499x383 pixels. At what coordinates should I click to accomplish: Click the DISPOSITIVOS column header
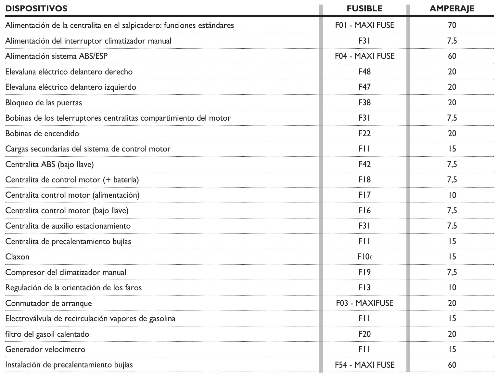point(36,9)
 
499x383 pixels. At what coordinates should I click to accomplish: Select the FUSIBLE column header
point(365,9)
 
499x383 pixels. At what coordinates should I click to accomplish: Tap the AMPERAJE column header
point(452,9)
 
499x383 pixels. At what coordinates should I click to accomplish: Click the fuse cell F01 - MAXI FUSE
point(365,25)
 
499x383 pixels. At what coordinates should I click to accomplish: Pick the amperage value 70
point(452,25)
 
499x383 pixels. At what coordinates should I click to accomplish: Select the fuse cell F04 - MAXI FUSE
point(365,56)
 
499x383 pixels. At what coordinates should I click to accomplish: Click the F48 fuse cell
point(365,72)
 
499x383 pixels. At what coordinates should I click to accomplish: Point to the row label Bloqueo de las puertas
point(44,103)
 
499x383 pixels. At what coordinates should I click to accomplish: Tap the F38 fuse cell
point(365,103)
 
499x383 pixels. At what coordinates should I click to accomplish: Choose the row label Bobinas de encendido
point(42,134)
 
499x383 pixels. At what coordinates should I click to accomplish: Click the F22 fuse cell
point(365,134)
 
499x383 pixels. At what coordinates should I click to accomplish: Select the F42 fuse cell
point(365,165)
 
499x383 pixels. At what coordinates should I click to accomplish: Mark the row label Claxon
point(17,257)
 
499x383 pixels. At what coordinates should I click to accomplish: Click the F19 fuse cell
point(365,272)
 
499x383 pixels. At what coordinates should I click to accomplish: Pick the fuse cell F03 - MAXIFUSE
point(365,303)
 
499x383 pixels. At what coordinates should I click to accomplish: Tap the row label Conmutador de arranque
point(48,303)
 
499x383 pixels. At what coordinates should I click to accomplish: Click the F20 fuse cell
point(365,334)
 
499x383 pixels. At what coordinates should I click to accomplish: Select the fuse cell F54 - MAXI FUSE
point(365,365)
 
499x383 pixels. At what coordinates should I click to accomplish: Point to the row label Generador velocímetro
point(45,350)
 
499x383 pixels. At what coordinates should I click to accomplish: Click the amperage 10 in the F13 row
point(452,288)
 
